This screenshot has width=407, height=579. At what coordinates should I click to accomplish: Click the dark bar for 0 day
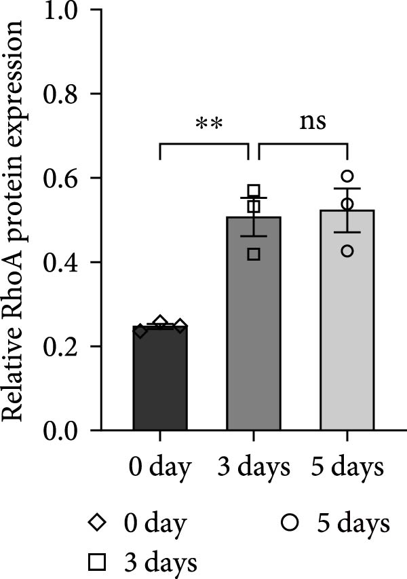click(159, 380)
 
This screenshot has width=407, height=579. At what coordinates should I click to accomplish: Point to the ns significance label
click(313, 122)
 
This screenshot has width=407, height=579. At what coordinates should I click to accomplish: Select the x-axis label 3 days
click(254, 468)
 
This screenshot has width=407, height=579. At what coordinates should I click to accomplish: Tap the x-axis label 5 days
click(347, 468)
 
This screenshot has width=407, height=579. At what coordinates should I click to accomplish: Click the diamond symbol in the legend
click(98, 523)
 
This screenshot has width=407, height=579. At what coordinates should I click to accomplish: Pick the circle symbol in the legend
click(291, 523)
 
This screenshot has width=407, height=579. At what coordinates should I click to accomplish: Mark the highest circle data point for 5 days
click(347, 176)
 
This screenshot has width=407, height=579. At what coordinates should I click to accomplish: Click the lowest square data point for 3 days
click(254, 254)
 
